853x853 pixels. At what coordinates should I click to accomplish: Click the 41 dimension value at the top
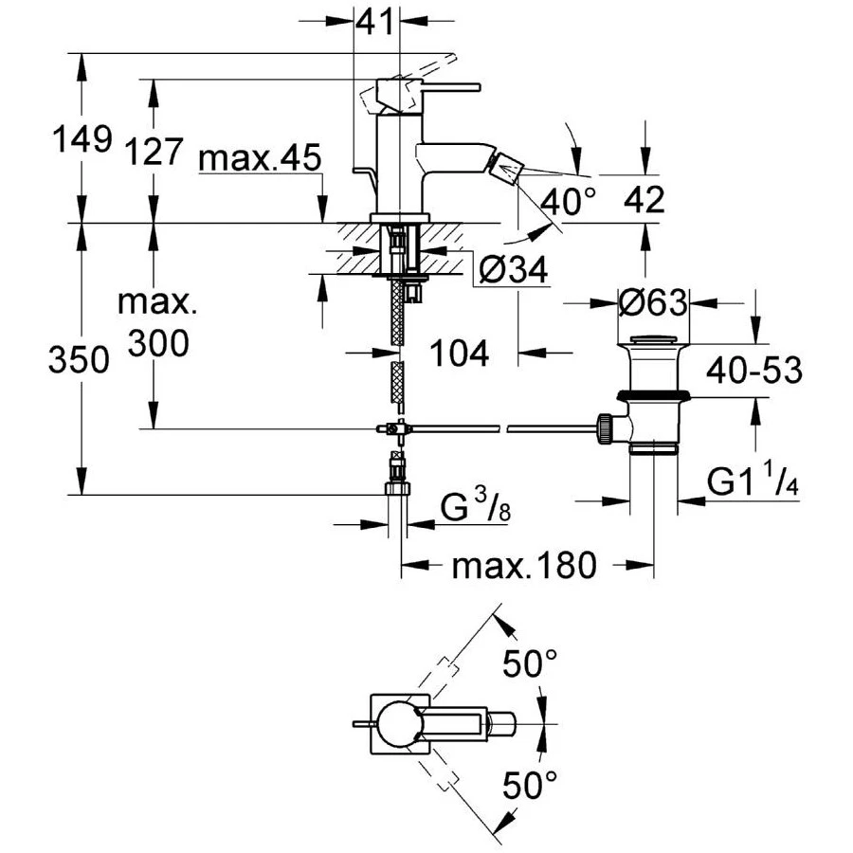pyautogui.click(x=376, y=21)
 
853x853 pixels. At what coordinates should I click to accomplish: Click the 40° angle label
pyautogui.click(x=572, y=200)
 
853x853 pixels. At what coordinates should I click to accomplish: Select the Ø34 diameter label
pyautogui.click(x=513, y=272)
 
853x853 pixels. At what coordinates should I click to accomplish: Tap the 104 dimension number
pyautogui.click(x=460, y=354)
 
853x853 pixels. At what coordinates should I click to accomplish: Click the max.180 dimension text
pyautogui.click(x=524, y=567)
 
